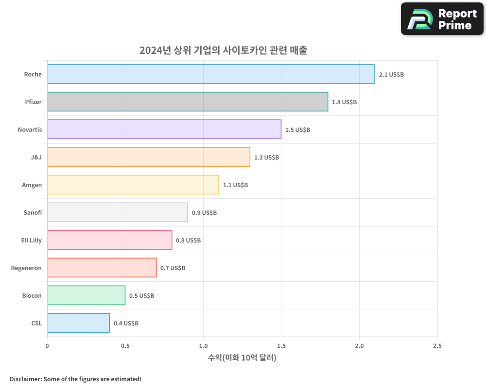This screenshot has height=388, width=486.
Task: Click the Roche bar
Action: coord(211,74)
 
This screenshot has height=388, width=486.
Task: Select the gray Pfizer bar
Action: coord(188,102)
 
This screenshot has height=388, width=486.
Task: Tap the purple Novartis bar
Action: coord(164,129)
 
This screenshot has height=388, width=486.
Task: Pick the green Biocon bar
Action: coord(86,295)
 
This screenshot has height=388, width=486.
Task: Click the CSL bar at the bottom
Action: coord(78,323)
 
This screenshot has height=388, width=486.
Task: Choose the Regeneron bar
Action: coord(102,268)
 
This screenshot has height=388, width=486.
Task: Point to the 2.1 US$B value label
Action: coord(391,75)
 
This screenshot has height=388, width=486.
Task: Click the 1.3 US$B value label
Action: coord(266,158)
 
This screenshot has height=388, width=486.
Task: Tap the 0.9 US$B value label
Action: coord(204,213)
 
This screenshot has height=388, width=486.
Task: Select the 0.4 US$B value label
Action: coord(126,323)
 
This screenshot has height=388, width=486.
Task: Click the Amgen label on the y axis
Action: coord(32,185)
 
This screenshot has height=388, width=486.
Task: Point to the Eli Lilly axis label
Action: coord(32,241)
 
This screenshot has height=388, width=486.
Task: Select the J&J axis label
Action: coord(36,158)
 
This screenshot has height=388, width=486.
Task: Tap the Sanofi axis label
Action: coord(33,213)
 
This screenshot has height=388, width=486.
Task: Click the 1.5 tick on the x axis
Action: coord(281,346)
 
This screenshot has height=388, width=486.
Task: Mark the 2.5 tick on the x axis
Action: coord(437,346)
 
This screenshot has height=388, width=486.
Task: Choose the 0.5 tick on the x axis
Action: coord(125,346)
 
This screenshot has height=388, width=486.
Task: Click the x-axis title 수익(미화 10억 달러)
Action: coord(242,358)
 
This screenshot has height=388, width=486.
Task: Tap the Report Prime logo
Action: coord(442,19)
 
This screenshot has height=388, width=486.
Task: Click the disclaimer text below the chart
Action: coord(75,379)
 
